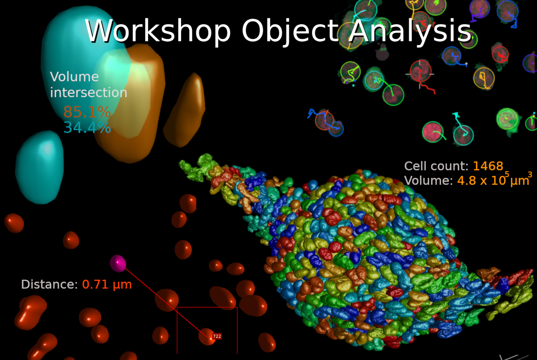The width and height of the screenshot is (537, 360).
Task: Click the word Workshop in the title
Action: (158, 30)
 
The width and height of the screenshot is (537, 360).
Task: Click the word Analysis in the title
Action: (410, 30)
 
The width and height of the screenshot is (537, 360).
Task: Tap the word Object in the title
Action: (290, 30)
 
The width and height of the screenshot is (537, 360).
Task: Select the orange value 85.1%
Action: (87, 112)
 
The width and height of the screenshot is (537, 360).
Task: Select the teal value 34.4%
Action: (87, 128)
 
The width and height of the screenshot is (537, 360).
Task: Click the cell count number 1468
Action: (488, 166)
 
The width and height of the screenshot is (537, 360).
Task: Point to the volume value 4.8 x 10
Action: (482, 181)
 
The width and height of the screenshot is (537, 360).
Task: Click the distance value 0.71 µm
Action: (107, 285)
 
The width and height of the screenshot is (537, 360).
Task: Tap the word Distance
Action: (49, 285)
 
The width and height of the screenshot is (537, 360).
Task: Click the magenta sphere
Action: (118, 263)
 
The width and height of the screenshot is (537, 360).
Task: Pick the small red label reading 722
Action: (217, 336)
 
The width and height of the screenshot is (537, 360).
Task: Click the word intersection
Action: (89, 93)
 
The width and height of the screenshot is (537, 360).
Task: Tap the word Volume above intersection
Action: (74, 77)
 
